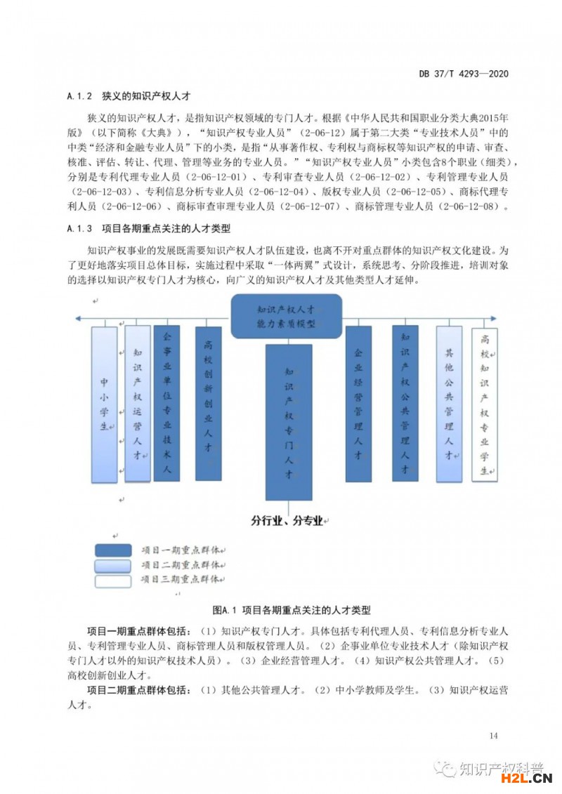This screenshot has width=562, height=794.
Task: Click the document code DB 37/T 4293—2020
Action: point(463,74)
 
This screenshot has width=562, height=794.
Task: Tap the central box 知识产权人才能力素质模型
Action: point(286,315)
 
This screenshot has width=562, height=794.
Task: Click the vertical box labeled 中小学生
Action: point(104,404)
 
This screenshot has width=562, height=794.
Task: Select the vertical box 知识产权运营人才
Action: point(138,403)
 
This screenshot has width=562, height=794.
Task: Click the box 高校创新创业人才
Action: point(208,403)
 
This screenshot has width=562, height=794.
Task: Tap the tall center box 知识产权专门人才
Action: point(288,421)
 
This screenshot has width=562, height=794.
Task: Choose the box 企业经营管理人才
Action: point(358,403)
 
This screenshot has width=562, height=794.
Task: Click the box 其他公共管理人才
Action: point(449,403)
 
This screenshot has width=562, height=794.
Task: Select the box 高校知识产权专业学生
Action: point(484,403)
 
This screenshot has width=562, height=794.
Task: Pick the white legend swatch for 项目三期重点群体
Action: point(113,581)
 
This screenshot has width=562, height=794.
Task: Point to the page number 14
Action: point(492,736)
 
